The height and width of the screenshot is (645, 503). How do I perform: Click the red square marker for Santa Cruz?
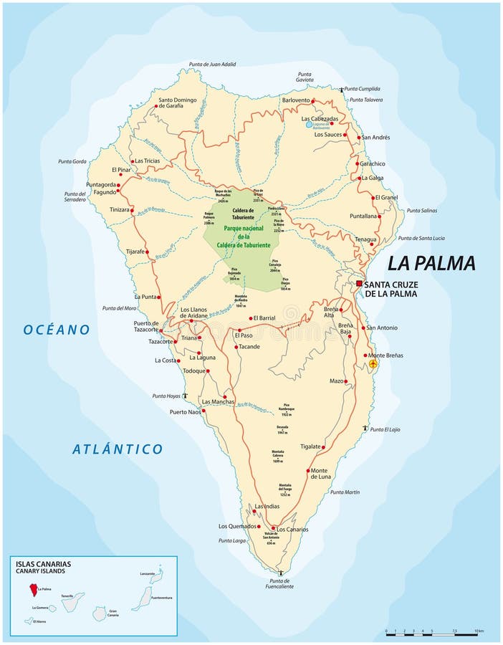[359, 284]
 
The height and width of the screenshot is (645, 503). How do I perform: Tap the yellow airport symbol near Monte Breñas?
[373, 364]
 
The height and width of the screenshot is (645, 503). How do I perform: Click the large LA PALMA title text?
[431, 263]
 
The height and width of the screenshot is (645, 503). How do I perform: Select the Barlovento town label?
[295, 100]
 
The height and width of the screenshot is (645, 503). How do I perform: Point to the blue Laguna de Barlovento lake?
[309, 124]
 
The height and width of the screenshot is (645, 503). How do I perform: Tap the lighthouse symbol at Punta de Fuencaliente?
[280, 573]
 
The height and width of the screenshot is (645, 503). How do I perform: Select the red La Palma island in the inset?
[32, 589]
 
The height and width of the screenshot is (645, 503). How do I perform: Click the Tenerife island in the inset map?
[72, 601]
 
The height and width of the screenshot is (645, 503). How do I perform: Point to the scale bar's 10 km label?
[479, 631]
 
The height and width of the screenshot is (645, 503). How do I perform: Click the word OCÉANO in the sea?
[57, 330]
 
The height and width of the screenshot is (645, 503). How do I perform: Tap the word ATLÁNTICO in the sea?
[118, 449]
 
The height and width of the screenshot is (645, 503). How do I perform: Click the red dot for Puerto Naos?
[203, 411]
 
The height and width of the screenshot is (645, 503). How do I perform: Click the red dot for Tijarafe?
[150, 252]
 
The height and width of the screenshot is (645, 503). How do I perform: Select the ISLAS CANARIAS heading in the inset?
[43, 564]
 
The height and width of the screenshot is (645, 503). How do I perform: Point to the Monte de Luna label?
[320, 474]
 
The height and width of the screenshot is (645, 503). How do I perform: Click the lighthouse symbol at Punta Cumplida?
[341, 88]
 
